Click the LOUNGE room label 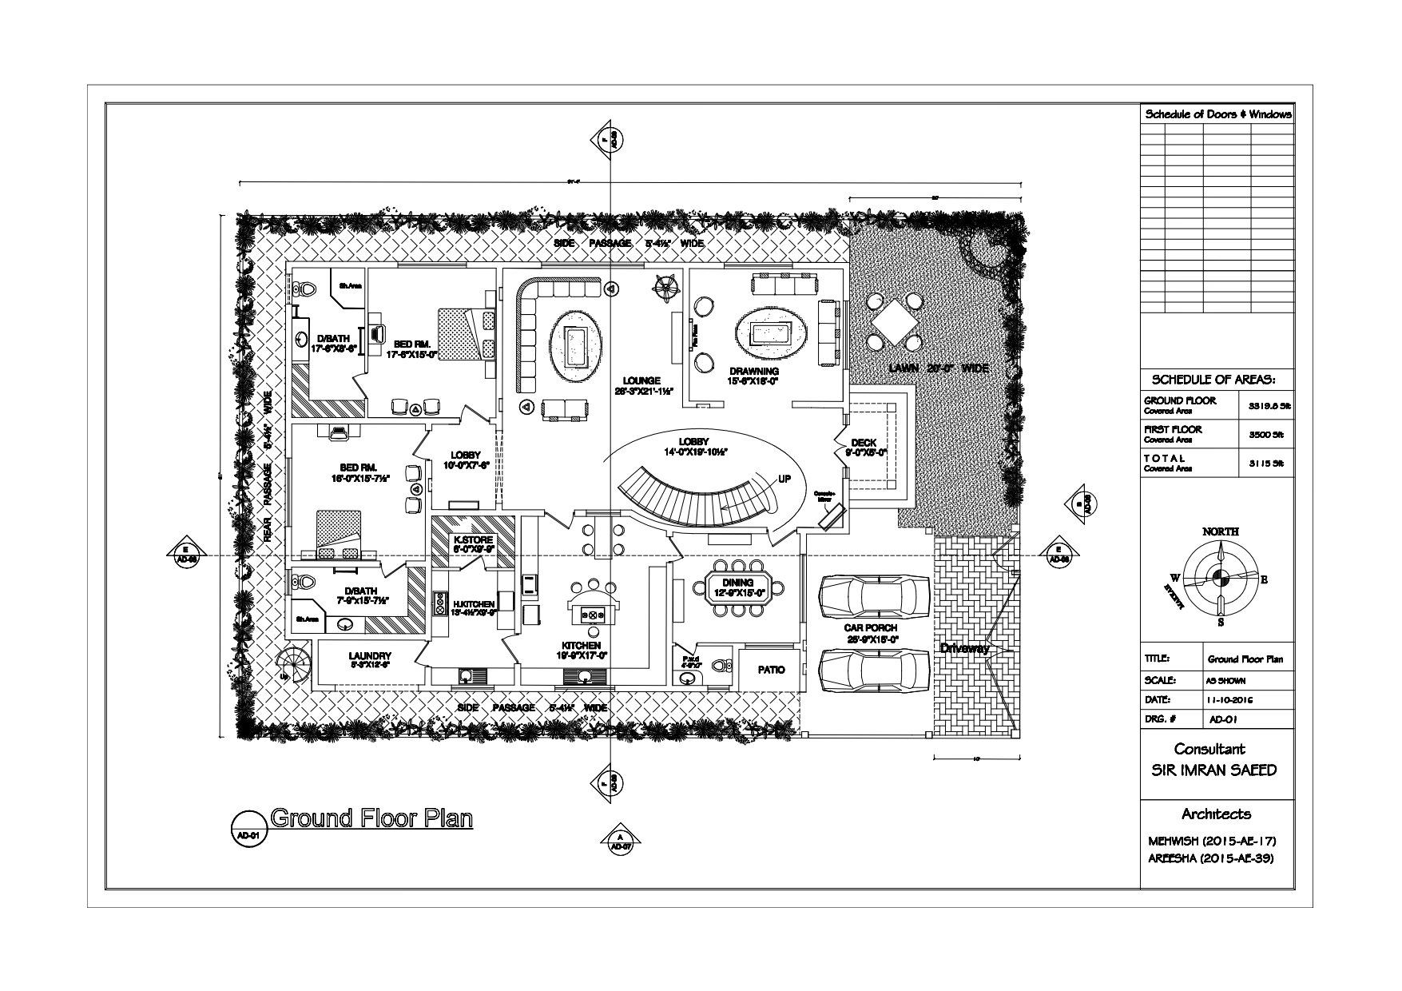click(643, 380)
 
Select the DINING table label click(737, 583)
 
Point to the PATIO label click(771, 670)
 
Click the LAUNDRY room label click(369, 656)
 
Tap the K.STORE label click(474, 539)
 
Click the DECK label click(864, 443)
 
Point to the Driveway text click(964, 648)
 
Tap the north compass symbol click(1220, 575)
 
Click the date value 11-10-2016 click(1230, 700)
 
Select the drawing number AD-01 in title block click(1222, 719)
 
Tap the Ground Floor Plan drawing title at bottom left click(371, 818)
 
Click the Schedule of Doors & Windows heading click(1217, 114)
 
